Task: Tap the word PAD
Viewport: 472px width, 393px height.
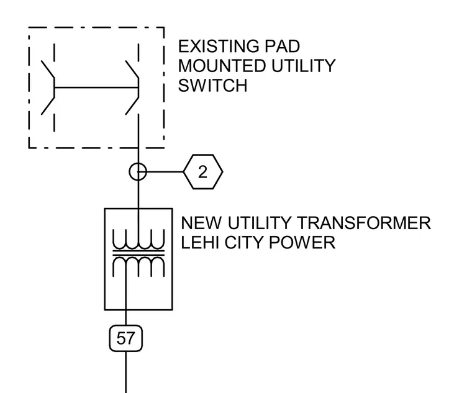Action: (x=283, y=47)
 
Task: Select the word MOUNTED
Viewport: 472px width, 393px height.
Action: (x=222, y=66)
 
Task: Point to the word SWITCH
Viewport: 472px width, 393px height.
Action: (x=212, y=86)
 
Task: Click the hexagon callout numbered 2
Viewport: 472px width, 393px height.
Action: (x=203, y=172)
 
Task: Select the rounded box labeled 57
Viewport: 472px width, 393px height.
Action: (x=126, y=338)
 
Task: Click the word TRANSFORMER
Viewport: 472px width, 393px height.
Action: (x=364, y=223)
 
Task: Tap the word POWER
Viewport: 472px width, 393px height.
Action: (x=302, y=243)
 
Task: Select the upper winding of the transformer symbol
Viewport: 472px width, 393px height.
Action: (x=138, y=239)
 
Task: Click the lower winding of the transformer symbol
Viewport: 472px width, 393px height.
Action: (x=138, y=267)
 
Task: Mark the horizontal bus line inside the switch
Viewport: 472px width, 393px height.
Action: (x=96, y=88)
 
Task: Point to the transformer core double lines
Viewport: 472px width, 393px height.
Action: (x=138, y=253)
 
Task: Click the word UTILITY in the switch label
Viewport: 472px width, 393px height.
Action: (x=304, y=66)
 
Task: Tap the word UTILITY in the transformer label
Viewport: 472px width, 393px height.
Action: (x=260, y=223)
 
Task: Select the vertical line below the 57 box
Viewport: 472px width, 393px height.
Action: (x=126, y=373)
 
